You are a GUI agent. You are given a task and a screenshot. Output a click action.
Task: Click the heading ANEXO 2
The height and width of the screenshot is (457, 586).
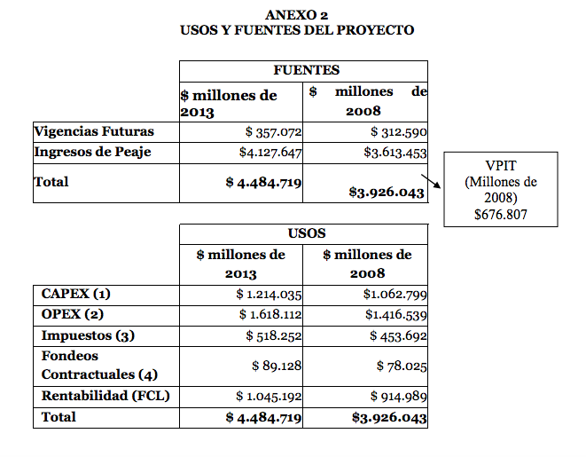tap(296, 14)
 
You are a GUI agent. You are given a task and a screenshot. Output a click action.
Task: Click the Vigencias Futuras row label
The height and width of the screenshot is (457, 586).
tap(94, 131)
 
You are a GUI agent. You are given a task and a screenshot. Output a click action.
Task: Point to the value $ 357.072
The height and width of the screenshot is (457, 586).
tap(274, 132)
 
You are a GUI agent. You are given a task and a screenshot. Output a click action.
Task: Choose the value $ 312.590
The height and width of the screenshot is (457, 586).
tap(399, 132)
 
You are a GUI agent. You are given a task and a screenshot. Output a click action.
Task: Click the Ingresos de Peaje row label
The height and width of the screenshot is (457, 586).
tap(92, 152)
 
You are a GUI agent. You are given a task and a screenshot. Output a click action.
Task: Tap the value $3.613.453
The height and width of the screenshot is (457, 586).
tap(389, 153)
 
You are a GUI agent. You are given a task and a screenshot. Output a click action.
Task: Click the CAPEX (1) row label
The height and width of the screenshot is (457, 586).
tap(76, 294)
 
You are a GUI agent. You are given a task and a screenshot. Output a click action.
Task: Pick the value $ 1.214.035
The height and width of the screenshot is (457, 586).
tap(270, 295)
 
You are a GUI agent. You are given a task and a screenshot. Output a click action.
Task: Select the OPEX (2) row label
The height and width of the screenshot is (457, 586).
tap(73, 314)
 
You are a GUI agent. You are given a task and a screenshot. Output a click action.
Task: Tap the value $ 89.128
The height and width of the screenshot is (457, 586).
tap(277, 366)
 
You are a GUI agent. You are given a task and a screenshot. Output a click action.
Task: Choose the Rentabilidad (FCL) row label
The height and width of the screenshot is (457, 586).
tap(105, 396)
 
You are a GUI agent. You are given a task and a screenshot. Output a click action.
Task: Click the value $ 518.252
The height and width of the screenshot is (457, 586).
tap(274, 335)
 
